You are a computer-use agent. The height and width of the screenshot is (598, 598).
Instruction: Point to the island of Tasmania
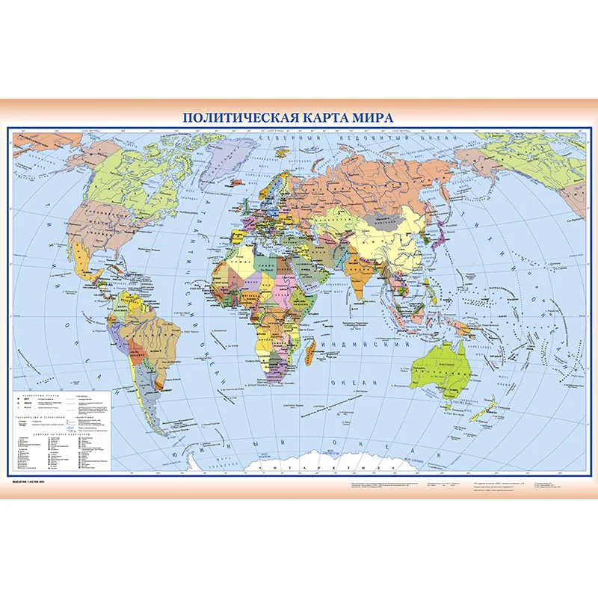pyautogui.click(x=447, y=407)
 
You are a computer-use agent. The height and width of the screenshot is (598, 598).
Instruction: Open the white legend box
pyautogui.click(x=63, y=430)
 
